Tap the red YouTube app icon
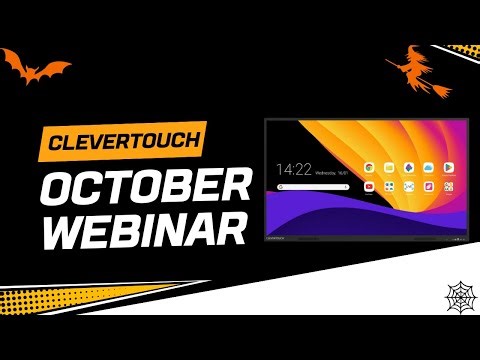click(370, 187)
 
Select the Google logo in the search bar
click(280, 188)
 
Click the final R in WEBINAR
click(229, 229)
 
